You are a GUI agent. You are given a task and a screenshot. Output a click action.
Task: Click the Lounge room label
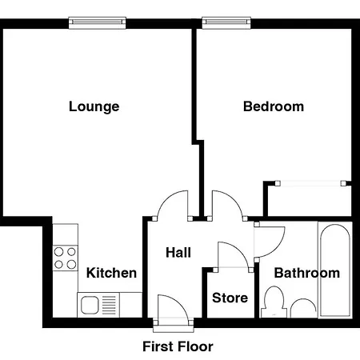(94, 106)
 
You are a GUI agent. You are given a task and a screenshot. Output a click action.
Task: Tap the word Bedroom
(274, 106)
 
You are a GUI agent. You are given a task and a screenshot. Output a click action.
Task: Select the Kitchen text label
(111, 273)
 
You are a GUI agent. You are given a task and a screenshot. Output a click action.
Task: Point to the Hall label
(178, 252)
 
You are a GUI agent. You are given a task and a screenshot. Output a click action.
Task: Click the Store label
(230, 298)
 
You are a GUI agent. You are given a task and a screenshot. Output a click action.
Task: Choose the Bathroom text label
(306, 273)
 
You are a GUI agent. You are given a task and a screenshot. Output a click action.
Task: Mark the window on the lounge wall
(97, 22)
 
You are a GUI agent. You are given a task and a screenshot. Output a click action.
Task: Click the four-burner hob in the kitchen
(65, 258)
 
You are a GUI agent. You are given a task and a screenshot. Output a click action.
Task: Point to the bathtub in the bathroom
(334, 270)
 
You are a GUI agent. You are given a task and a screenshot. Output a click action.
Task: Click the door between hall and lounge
(174, 205)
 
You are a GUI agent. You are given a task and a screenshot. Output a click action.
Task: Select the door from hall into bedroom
(226, 205)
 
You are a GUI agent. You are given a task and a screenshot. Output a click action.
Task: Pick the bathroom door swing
(269, 240)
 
